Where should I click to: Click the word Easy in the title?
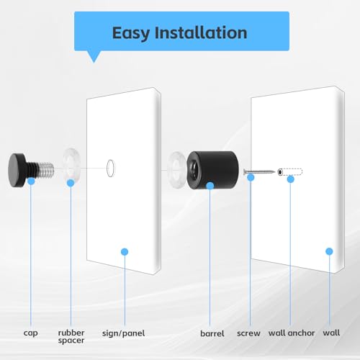[x=131, y=33]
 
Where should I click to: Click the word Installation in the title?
[x=201, y=32]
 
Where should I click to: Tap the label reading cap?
[x=30, y=333]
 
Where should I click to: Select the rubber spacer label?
[x=71, y=336]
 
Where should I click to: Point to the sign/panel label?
[x=123, y=333]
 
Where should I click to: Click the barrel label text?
[x=212, y=333]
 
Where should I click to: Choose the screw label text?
[x=248, y=333]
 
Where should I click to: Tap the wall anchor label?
[x=292, y=333]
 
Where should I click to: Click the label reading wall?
[x=331, y=333]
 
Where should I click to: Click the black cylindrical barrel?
[x=212, y=170]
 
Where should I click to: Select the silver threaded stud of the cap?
[x=45, y=169]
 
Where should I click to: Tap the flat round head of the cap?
[x=15, y=170]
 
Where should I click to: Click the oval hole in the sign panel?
[x=111, y=168]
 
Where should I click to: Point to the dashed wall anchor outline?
[x=290, y=172]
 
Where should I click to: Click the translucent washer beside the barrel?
[x=176, y=169]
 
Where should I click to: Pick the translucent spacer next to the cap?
[x=71, y=165]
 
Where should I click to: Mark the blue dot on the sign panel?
[x=125, y=252]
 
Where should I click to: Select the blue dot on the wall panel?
[x=329, y=251]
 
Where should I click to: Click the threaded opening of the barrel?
[x=194, y=168]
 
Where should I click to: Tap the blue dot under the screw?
[x=251, y=178]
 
